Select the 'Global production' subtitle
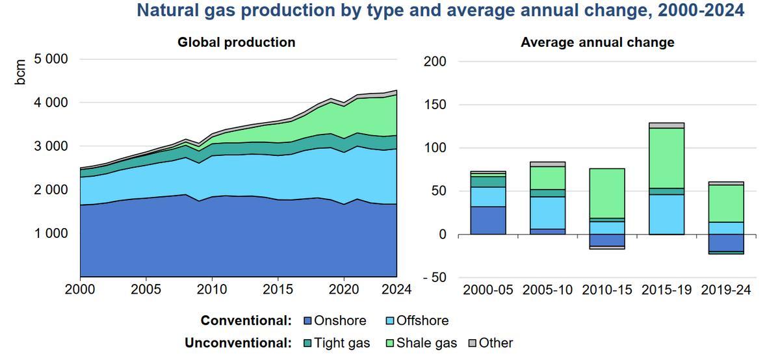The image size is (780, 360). click(x=237, y=42)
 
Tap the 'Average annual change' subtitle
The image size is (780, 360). click(x=597, y=42)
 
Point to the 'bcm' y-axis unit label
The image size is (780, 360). click(x=21, y=72)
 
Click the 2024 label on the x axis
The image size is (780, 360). click(x=396, y=289)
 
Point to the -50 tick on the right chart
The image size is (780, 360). click(x=435, y=277)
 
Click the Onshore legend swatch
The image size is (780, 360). click(x=308, y=321)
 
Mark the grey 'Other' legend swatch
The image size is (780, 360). click(x=473, y=343)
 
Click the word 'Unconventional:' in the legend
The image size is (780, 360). click(x=238, y=343)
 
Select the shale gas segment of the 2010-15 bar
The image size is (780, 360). click(x=607, y=193)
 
